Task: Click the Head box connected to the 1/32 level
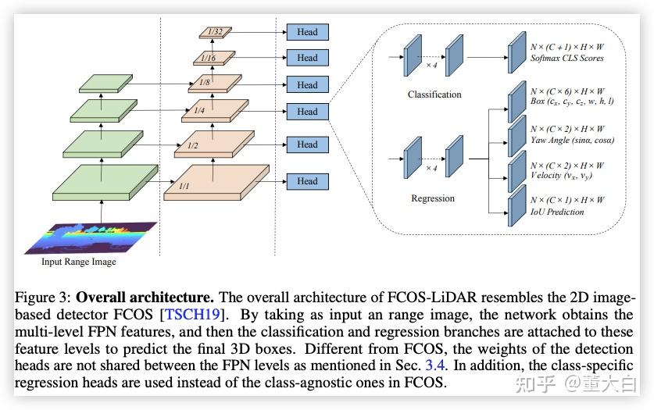coord(307,32)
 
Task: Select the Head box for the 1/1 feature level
coord(307,181)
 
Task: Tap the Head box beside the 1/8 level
coord(307,84)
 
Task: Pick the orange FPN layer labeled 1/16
coord(211,57)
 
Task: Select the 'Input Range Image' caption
coord(78,262)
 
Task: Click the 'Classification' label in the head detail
coord(434,94)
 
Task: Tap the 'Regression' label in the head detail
coord(433,198)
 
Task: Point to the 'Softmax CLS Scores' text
coord(566,58)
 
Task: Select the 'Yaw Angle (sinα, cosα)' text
coord(572,141)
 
